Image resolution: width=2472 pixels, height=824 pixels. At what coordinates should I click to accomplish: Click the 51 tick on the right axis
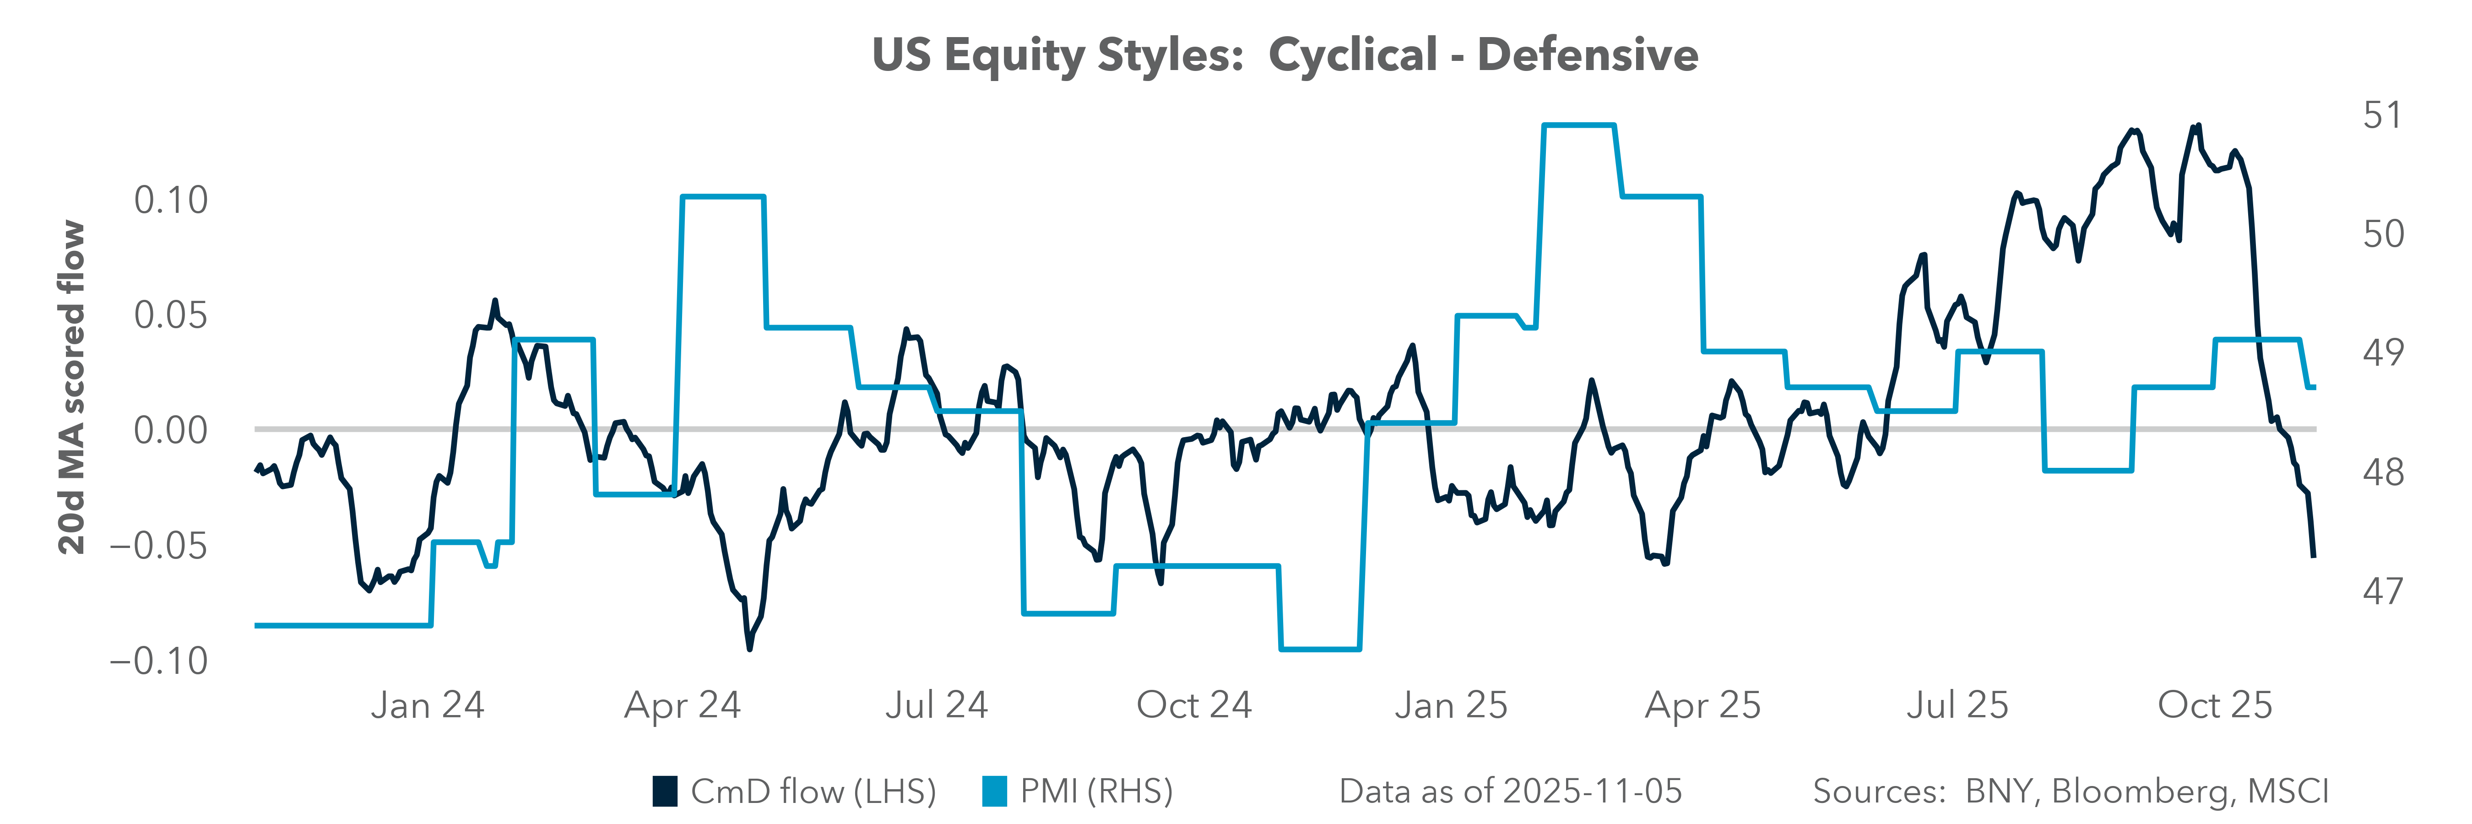[2382, 115]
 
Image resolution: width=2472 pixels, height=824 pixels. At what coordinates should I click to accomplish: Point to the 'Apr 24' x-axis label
[682, 705]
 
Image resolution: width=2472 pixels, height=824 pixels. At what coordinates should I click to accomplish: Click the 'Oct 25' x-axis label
[2215, 705]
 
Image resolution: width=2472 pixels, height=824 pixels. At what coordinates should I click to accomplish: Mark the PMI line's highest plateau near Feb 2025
[1578, 125]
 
